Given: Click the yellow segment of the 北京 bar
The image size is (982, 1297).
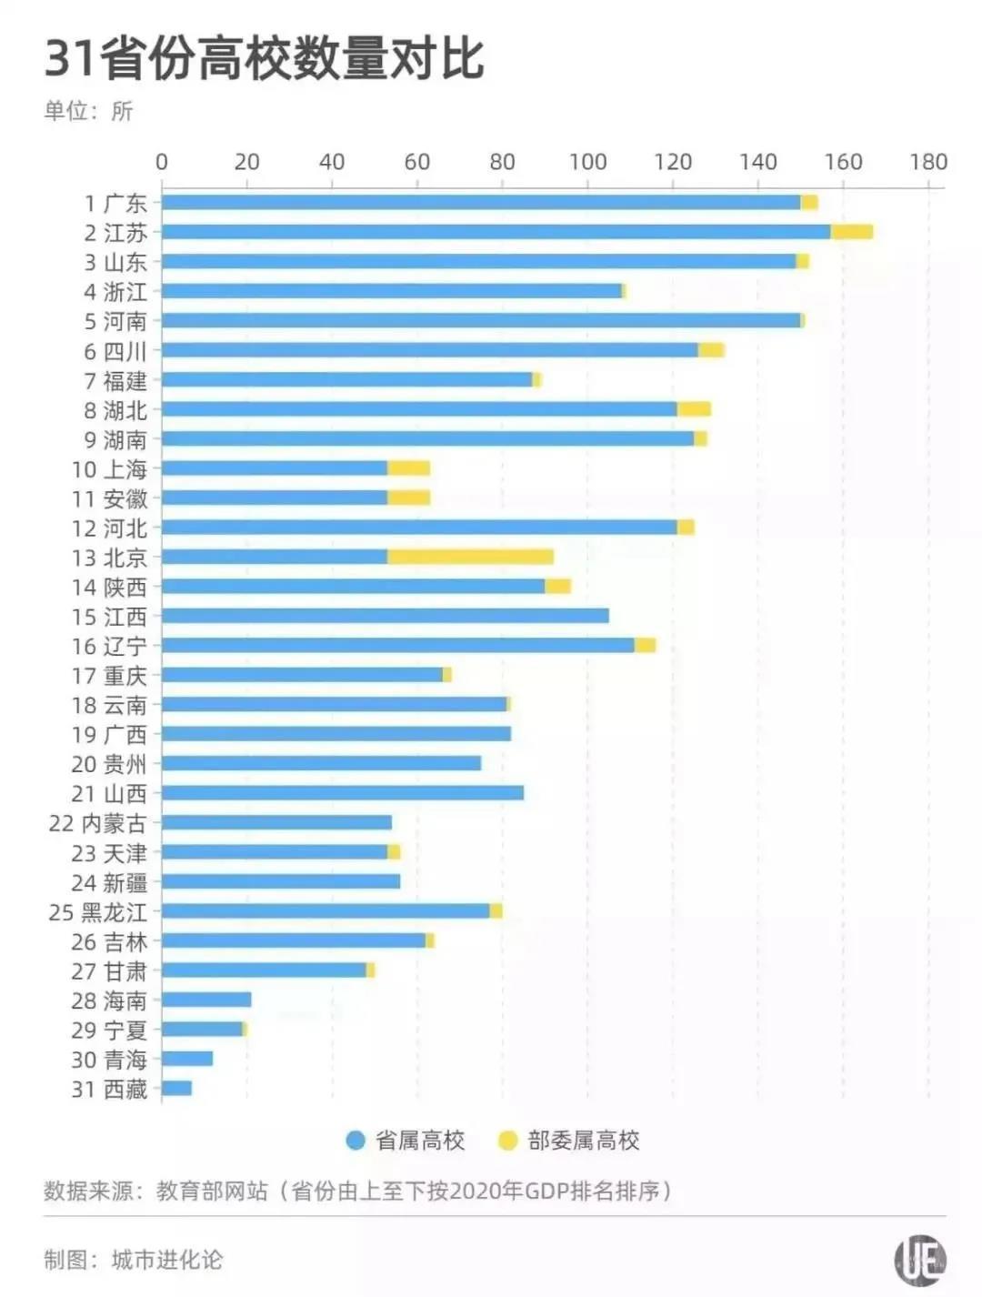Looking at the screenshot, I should tap(470, 557).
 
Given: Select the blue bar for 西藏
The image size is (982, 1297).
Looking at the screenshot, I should tap(176, 1088).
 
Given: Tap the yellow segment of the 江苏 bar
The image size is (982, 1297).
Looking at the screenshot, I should tap(852, 232).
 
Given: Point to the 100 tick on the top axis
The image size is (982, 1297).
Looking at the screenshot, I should tap(587, 162).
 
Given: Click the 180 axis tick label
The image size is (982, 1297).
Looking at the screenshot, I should tap(928, 162).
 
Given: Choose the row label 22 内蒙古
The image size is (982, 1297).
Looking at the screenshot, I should tap(97, 823).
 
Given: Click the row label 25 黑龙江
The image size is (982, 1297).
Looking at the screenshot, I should tap(97, 912).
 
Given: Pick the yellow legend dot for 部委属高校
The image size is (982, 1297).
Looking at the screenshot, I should tap(508, 1141).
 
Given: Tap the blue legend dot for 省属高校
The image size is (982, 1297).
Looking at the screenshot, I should tap(356, 1141).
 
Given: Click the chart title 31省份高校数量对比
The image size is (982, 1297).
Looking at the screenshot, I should tap(264, 58).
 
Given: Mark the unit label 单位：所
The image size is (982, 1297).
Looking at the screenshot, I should tap(88, 111).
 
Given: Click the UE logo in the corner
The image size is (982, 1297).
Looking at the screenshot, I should tap(920, 1261).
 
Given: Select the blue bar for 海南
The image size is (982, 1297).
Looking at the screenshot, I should tap(206, 1000).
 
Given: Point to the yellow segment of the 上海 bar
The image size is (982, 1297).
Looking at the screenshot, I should tap(408, 468).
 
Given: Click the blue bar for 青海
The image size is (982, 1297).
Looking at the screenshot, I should tap(187, 1059).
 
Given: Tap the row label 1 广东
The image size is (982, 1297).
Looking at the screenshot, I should tap(115, 203).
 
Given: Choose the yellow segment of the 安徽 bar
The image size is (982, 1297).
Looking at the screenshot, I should tap(408, 498).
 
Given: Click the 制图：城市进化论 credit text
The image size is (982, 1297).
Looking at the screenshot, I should tap(133, 1260).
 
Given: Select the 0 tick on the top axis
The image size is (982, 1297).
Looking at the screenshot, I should tap(162, 162).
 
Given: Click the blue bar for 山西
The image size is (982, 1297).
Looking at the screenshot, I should tap(343, 793).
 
